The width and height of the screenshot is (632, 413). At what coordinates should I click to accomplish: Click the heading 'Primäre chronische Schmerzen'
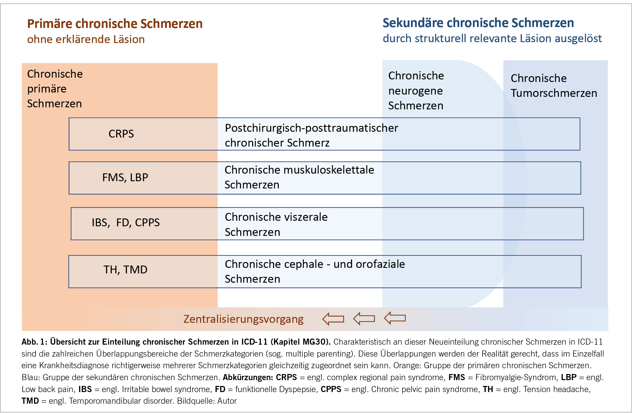(115, 24)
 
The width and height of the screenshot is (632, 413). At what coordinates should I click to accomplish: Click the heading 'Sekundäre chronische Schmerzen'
(478, 23)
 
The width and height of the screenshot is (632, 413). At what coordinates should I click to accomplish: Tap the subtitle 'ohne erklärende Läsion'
(86, 39)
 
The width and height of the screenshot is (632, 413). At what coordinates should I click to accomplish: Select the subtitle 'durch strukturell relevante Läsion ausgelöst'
(492, 38)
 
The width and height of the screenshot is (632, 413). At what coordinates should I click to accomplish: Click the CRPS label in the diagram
(121, 134)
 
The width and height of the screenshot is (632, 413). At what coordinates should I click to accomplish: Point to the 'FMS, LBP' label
(125, 177)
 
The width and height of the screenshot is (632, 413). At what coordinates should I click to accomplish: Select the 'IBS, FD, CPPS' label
(126, 222)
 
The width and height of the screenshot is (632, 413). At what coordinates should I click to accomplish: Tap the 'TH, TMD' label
(125, 270)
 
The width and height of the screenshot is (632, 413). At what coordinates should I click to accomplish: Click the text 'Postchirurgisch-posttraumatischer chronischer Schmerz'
(311, 135)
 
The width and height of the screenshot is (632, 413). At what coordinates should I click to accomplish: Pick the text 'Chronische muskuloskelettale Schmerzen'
(299, 177)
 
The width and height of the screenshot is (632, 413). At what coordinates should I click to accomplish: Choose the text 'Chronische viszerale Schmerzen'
(276, 224)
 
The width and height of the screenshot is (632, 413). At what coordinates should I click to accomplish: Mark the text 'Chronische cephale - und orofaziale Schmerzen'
(315, 271)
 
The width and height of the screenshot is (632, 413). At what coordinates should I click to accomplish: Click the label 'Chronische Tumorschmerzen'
(554, 86)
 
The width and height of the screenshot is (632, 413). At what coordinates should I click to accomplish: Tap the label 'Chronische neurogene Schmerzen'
(416, 90)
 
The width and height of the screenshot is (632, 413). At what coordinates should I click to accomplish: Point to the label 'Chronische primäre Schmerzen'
(55, 89)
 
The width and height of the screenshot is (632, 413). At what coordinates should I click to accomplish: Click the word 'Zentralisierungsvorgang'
(243, 319)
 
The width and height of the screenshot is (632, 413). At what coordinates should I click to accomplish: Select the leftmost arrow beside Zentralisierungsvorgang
(333, 319)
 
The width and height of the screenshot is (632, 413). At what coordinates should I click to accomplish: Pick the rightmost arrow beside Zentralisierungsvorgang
(395, 318)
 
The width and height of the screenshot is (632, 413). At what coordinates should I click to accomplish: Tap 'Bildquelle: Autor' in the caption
(207, 401)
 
